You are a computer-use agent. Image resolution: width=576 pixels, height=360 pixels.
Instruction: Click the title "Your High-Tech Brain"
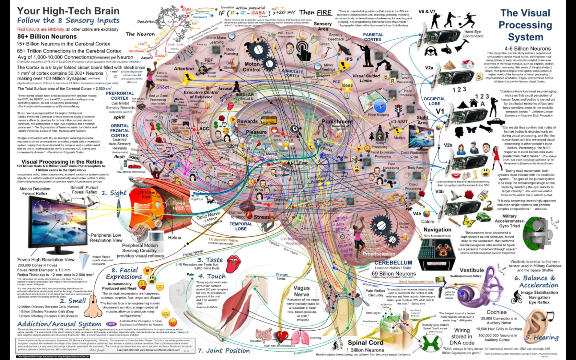(68, 11)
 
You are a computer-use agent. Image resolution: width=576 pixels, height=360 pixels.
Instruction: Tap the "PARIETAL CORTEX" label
(373, 37)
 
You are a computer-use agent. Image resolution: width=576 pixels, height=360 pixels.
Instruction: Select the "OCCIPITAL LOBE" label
(434, 101)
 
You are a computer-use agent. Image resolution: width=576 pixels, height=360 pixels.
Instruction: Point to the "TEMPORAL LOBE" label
(241, 226)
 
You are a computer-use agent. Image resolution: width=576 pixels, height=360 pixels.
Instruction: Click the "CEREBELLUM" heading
(393, 262)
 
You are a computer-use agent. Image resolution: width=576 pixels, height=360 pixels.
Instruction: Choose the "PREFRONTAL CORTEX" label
(120, 96)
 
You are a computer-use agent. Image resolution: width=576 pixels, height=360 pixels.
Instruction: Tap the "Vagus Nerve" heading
(301, 291)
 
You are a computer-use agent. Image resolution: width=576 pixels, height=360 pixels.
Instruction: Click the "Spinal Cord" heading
(365, 343)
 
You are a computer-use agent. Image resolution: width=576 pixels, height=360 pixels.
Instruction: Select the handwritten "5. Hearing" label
(542, 337)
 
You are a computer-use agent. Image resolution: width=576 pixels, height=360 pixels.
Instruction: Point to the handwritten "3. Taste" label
(210, 260)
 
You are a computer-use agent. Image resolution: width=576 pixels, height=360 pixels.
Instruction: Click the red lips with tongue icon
(234, 263)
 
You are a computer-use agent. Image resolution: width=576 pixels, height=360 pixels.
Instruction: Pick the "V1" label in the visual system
(440, 111)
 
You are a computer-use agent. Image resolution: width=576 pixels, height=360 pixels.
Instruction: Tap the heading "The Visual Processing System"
(525, 25)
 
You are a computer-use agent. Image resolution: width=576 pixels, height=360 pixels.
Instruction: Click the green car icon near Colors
(483, 216)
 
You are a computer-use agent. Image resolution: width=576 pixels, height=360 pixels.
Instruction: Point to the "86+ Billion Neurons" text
(47, 37)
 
